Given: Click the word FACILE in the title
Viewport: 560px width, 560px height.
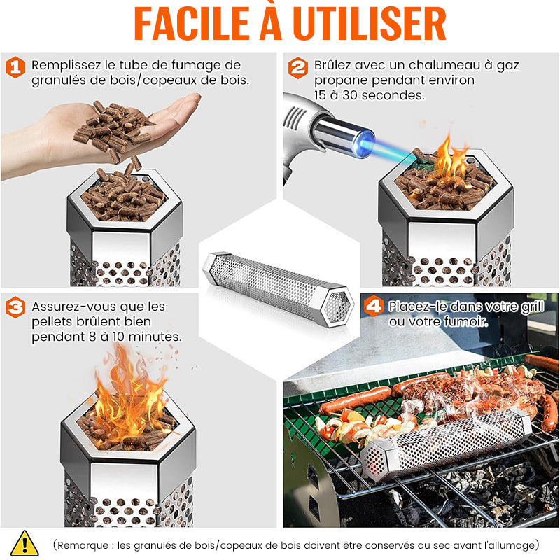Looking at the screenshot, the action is [x=191, y=24].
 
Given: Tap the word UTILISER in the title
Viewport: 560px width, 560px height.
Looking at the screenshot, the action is [x=370, y=24].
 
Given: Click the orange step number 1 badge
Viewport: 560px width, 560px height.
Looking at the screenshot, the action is [x=15, y=67].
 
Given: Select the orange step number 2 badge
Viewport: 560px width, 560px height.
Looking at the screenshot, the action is [x=298, y=68].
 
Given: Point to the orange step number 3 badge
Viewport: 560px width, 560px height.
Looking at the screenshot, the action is [x=15, y=307].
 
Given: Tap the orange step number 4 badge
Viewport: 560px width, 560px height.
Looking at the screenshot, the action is [x=374, y=306].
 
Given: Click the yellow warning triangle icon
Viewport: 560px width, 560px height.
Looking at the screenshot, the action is [x=24, y=543].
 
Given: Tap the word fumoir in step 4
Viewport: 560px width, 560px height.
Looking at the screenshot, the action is [x=465, y=322].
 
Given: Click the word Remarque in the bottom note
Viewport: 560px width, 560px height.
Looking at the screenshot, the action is [x=83, y=545].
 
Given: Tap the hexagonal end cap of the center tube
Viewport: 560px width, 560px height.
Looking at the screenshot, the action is [x=337, y=306].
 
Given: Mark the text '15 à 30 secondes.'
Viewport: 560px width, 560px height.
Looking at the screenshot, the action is [x=370, y=95].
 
